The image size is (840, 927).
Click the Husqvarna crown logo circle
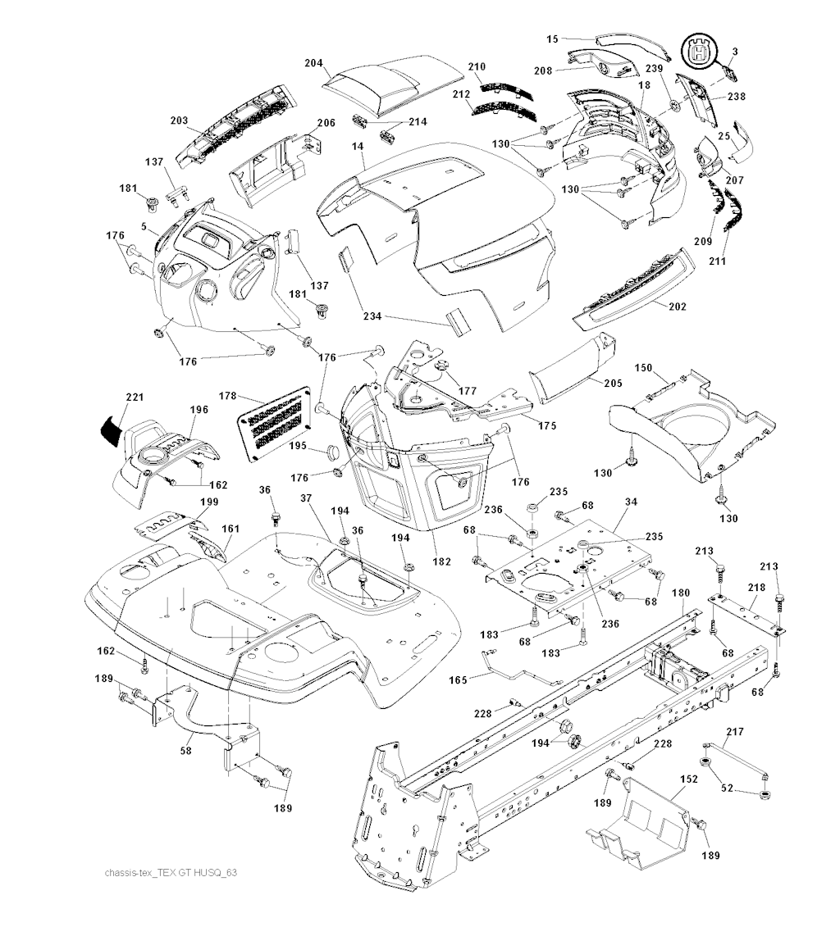(x=700, y=52)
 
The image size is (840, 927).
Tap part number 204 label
(x=313, y=62)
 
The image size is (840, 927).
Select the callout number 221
(x=135, y=398)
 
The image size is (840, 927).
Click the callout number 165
(x=459, y=680)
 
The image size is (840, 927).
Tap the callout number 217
(x=734, y=731)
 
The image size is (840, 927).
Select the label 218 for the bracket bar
(x=756, y=588)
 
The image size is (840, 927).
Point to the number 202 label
(x=678, y=307)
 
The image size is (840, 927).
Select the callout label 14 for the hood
(x=357, y=145)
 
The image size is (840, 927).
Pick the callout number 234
(x=372, y=316)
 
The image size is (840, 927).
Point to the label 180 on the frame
(x=681, y=593)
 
